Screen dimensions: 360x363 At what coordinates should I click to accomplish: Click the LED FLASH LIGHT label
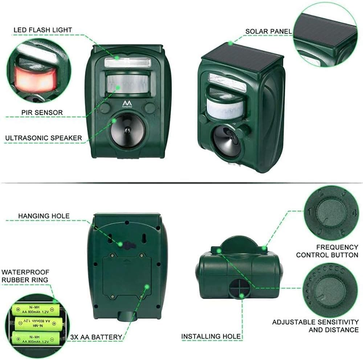click(x=43, y=30)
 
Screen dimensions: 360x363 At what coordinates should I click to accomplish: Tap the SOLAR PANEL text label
click(x=268, y=32)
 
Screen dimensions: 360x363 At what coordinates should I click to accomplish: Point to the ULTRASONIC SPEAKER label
click(x=43, y=138)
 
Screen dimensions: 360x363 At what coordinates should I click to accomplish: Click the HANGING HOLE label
click(x=44, y=216)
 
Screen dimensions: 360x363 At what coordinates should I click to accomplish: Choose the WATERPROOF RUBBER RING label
click(x=25, y=276)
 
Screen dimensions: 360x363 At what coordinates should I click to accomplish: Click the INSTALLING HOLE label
click(x=211, y=336)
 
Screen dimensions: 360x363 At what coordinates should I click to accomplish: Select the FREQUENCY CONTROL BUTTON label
click(x=327, y=251)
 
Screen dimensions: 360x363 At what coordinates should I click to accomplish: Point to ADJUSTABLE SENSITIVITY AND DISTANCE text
click(x=315, y=326)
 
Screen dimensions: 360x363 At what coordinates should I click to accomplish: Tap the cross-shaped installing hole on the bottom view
click(x=238, y=289)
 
